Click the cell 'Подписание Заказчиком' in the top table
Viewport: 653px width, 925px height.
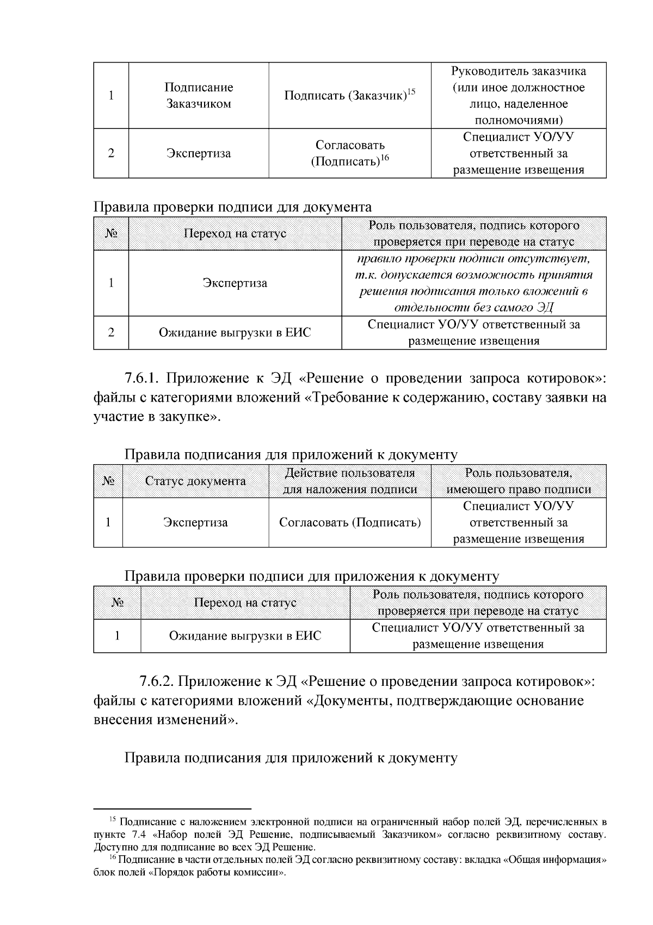[199, 96]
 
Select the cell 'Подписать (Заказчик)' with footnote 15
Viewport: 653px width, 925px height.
[349, 96]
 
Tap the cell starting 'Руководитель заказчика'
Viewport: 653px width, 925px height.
[519, 96]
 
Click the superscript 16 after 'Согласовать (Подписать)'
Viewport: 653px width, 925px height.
[384, 158]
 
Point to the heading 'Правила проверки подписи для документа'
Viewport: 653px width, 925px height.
[232, 207]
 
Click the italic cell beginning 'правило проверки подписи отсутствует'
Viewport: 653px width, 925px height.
[473, 283]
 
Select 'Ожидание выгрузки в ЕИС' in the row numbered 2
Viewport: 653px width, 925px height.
[235, 332]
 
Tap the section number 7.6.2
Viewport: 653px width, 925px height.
[156, 681]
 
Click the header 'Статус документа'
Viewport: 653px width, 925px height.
[195, 482]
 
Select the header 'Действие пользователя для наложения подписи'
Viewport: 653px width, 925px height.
[350, 482]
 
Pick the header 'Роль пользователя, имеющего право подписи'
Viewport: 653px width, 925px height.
[519, 482]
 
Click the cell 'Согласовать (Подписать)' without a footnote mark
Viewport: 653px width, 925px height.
[350, 523]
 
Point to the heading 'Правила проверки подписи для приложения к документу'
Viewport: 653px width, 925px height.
[311, 576]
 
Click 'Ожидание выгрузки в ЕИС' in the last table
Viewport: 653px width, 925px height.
[245, 636]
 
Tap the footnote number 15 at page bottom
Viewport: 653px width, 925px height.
[113, 819]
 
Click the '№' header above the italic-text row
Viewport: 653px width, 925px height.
[111, 234]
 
